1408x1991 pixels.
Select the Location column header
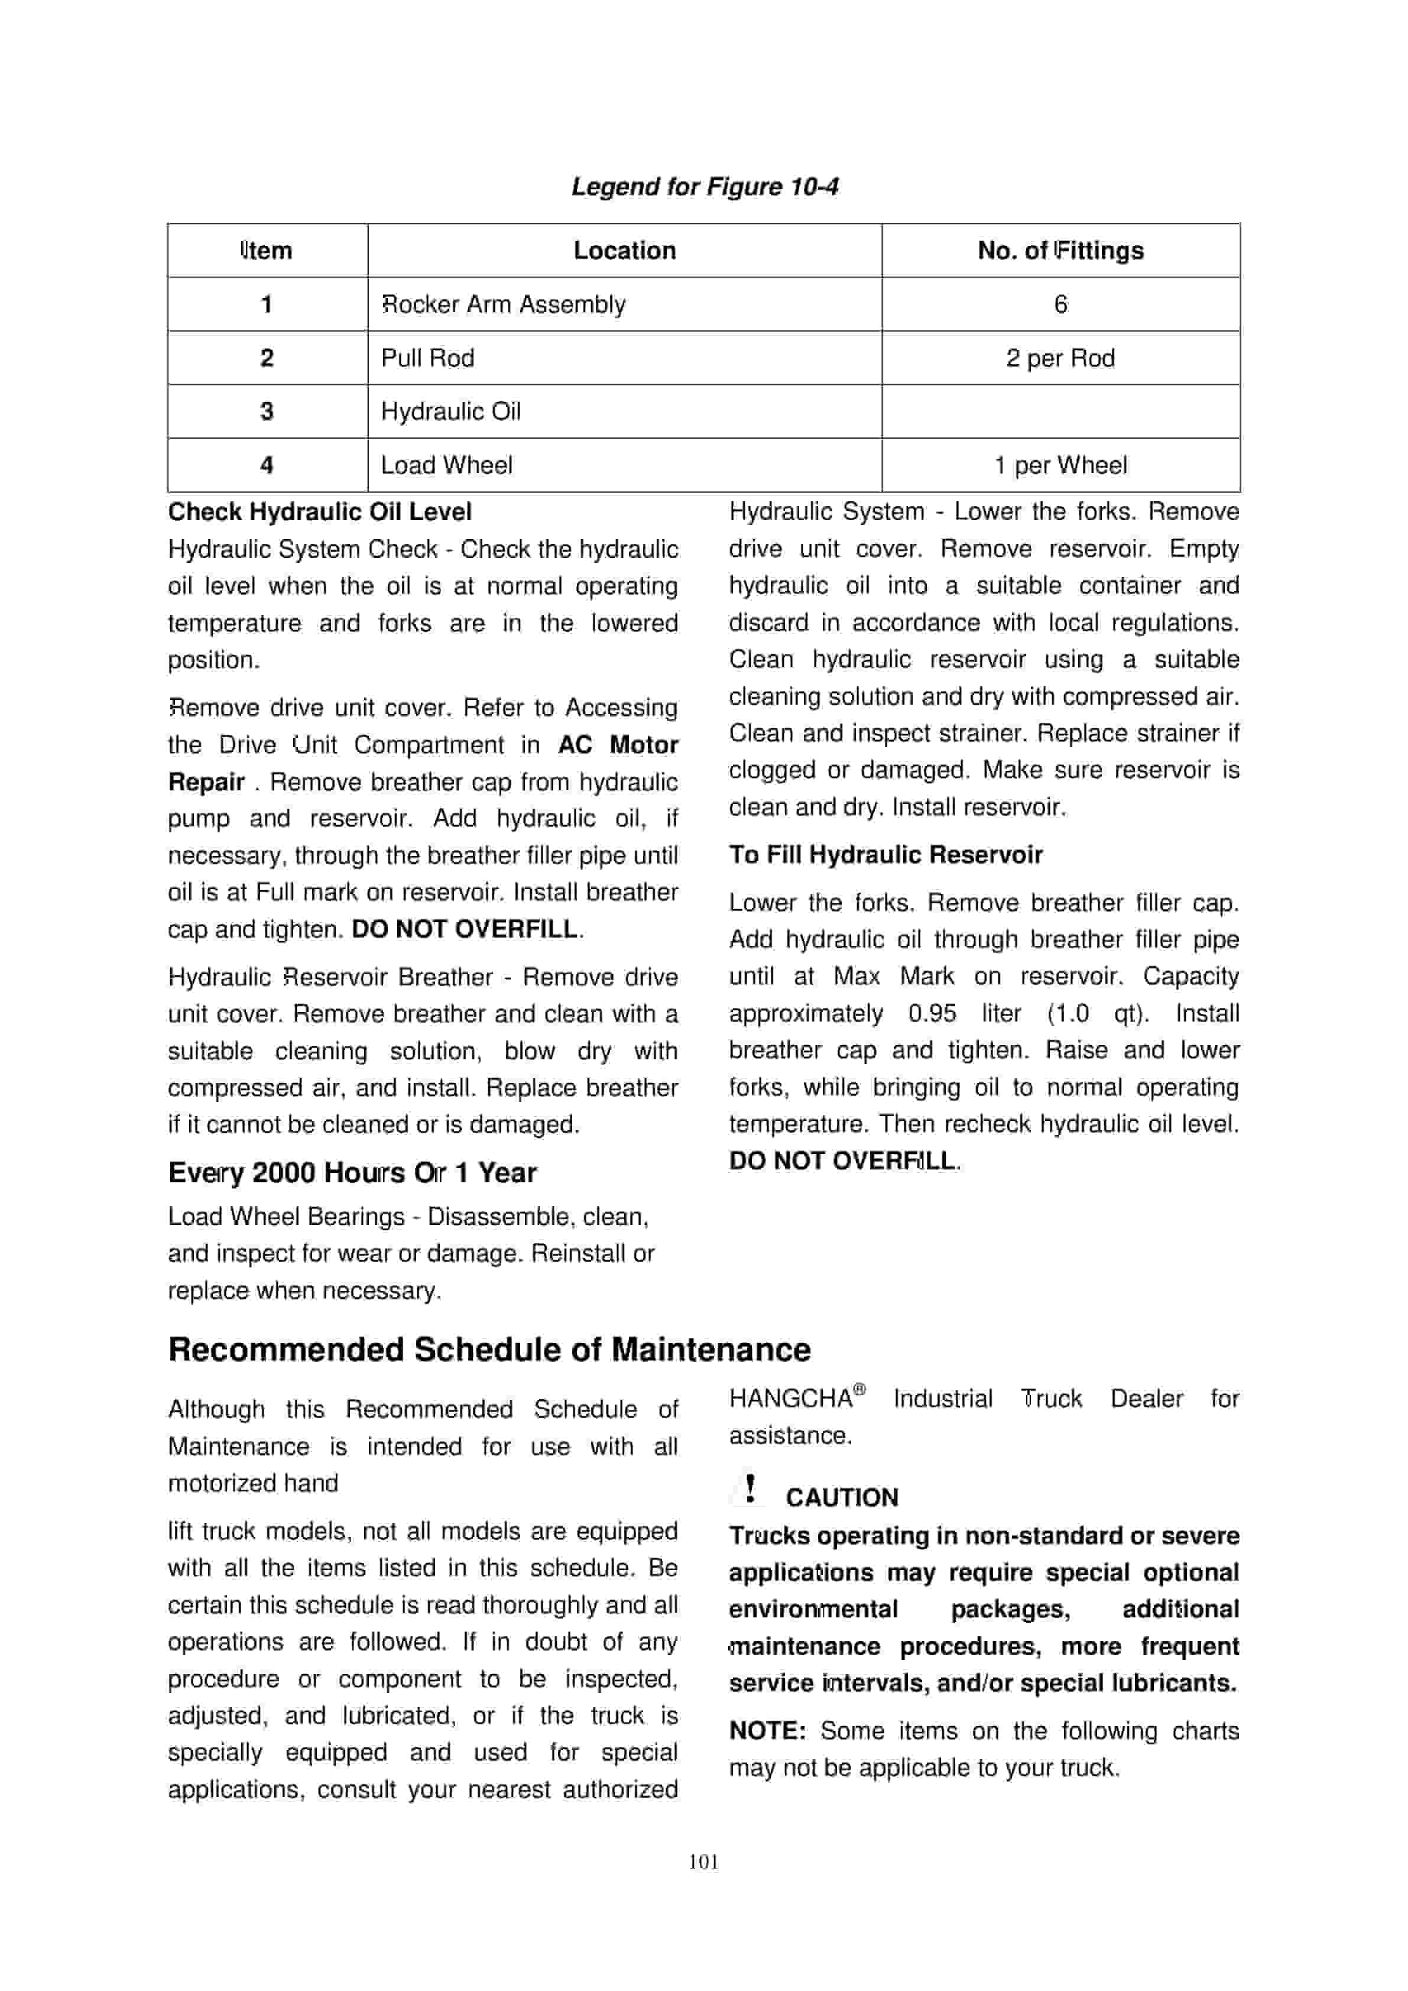624,251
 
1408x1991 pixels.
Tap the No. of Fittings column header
1060,251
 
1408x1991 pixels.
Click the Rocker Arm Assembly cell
504,304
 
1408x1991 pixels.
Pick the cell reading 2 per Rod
1060,358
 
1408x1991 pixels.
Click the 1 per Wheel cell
1060,466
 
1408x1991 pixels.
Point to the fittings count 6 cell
1060,304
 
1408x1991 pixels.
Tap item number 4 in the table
267,466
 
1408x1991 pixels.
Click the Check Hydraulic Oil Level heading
320,511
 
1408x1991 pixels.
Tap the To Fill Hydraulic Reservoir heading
885,855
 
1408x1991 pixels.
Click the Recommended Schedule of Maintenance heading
489,1350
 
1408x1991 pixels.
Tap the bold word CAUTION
842,1497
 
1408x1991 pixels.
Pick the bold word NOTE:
767,1731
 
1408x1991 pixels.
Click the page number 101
703,1862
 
